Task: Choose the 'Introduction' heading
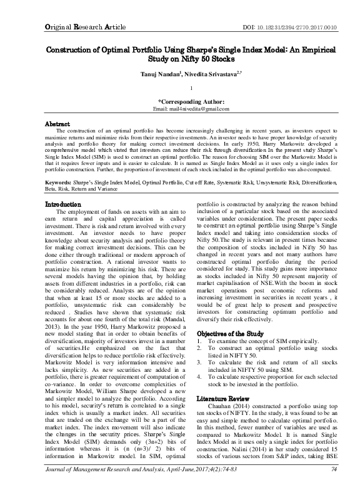tap(64, 204)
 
